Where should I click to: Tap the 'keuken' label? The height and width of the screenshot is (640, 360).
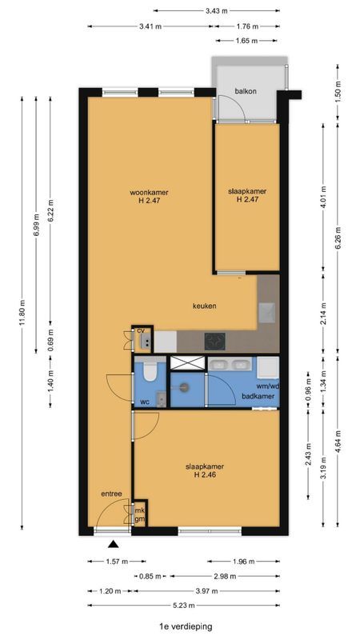[x=205, y=306]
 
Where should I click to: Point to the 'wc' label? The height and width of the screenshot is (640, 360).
[x=145, y=401]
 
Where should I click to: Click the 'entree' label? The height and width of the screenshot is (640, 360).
[x=110, y=494]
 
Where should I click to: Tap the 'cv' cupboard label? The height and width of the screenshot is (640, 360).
[x=141, y=330]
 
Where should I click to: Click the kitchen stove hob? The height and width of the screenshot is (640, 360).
[x=214, y=341]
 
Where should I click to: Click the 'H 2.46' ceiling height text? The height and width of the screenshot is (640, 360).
[x=204, y=474]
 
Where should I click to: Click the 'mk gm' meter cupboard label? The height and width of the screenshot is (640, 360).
[x=139, y=515]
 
